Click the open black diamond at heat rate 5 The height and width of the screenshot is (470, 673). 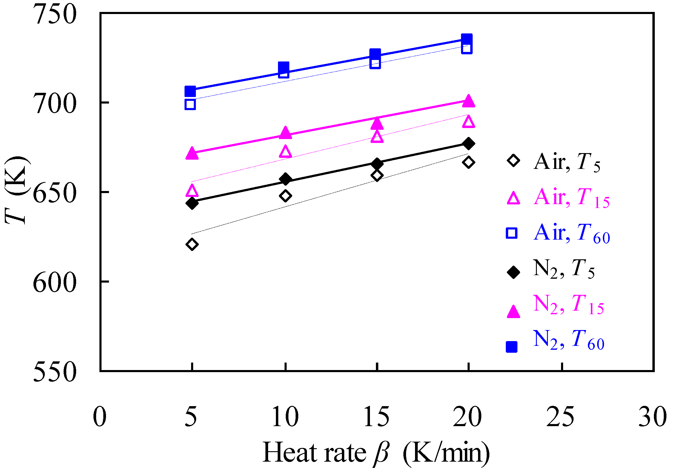tap(192, 244)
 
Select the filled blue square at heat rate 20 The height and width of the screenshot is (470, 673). tap(467, 39)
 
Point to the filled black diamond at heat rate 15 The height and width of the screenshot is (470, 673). tap(377, 164)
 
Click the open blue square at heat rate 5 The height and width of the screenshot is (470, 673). tap(190, 104)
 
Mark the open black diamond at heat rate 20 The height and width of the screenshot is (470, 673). tap(468, 162)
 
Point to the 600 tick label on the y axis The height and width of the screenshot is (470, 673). tap(55, 282)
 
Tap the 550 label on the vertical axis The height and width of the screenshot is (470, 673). tap(55, 372)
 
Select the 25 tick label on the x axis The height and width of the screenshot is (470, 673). tap(560, 417)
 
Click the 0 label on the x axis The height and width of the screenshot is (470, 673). tap(100, 417)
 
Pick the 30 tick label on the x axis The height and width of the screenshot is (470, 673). tap(652, 417)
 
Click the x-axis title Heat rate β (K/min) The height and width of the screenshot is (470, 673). tap(376, 453)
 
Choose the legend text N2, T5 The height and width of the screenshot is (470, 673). tap(564, 269)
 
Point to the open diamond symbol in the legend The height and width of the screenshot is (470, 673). tap(513, 161)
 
